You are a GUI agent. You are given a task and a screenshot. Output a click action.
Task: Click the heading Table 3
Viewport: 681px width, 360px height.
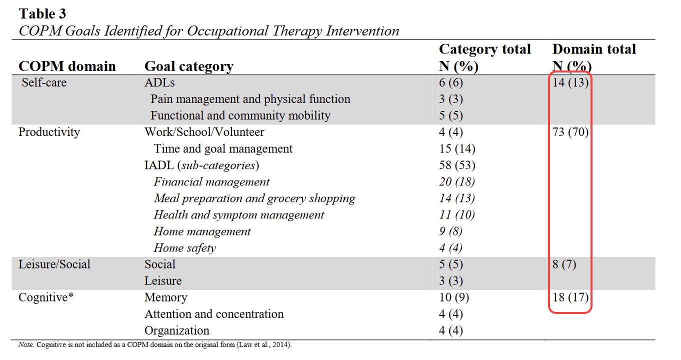tap(42, 13)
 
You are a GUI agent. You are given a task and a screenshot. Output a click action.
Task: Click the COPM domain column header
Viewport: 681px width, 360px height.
tap(67, 66)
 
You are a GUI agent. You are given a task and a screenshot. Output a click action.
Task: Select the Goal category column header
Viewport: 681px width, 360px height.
tap(189, 66)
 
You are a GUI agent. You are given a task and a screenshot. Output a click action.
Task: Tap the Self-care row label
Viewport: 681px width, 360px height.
tap(44, 82)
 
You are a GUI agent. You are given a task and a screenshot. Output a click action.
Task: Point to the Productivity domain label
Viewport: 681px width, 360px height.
tap(49, 132)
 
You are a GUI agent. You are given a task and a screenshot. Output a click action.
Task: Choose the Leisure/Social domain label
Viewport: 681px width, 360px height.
tap(54, 264)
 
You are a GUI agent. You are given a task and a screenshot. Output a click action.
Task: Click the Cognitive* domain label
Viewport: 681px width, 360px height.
tap(46, 297)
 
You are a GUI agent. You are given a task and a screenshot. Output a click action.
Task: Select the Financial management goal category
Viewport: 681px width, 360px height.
tap(211, 182)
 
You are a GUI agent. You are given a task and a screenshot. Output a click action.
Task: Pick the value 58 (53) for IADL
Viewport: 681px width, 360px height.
tap(457, 165)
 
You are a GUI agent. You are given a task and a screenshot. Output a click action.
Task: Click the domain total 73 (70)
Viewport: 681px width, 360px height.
tap(570, 132)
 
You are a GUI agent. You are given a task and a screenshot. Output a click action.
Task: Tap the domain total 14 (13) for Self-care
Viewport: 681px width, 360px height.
tap(570, 82)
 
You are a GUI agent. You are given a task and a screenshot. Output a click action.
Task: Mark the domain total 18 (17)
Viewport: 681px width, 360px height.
tap(570, 297)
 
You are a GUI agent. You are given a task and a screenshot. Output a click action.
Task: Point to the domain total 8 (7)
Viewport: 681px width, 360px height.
tap(564, 264)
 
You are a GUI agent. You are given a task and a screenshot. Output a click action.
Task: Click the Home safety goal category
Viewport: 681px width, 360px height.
tap(185, 248)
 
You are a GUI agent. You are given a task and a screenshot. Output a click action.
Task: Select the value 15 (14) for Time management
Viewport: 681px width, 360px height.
tap(457, 148)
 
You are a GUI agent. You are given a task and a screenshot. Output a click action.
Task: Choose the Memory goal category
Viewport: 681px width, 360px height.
tap(165, 297)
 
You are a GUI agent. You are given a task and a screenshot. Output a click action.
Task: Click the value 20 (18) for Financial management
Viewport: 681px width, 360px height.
tap(457, 182)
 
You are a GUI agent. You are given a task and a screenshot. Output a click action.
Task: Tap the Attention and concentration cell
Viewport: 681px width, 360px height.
tap(214, 314)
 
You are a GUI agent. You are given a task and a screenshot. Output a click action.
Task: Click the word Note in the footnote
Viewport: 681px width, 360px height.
tap(25, 344)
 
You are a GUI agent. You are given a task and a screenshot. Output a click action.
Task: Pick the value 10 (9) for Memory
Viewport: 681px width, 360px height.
tap(454, 297)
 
